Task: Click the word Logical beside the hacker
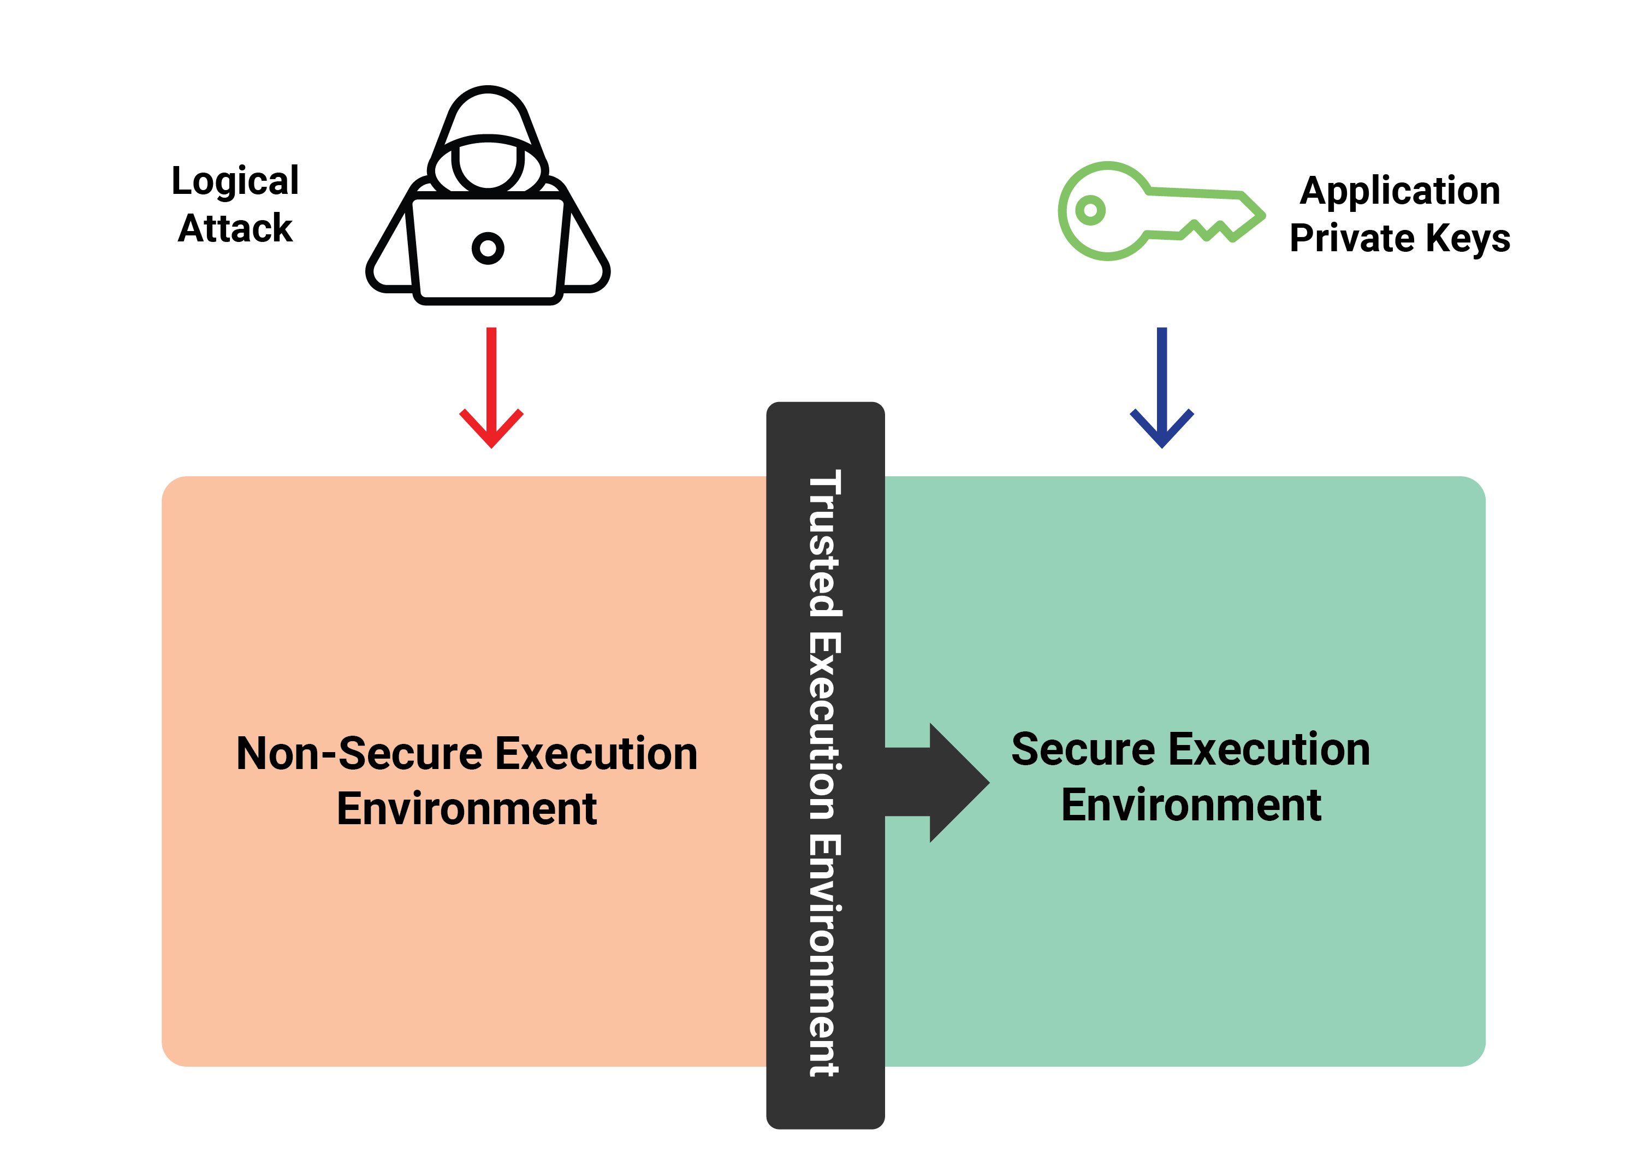click(x=235, y=181)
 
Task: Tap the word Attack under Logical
click(x=235, y=228)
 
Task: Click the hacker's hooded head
click(x=488, y=143)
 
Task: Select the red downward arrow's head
click(x=491, y=428)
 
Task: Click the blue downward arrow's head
click(x=1162, y=428)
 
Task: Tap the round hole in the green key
click(x=1090, y=210)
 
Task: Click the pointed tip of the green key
click(x=1263, y=215)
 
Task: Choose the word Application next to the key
click(x=1400, y=191)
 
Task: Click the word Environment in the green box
click(x=1191, y=805)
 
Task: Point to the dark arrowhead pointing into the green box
click(x=959, y=783)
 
